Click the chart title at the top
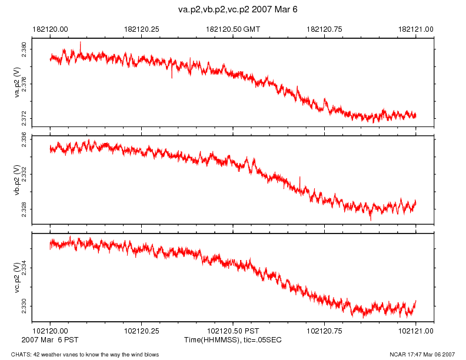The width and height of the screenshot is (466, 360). (x=234, y=10)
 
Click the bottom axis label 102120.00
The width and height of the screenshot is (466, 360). (x=51, y=332)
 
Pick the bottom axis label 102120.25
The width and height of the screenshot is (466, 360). (x=142, y=332)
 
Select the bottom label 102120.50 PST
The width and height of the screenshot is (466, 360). (x=233, y=332)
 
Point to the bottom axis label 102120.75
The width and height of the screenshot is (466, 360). (x=325, y=332)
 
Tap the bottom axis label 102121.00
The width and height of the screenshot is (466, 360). (x=416, y=332)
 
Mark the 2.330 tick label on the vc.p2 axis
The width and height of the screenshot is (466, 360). (x=24, y=306)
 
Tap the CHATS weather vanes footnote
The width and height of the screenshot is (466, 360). (x=81, y=355)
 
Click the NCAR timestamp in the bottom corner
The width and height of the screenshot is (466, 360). (x=422, y=355)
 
